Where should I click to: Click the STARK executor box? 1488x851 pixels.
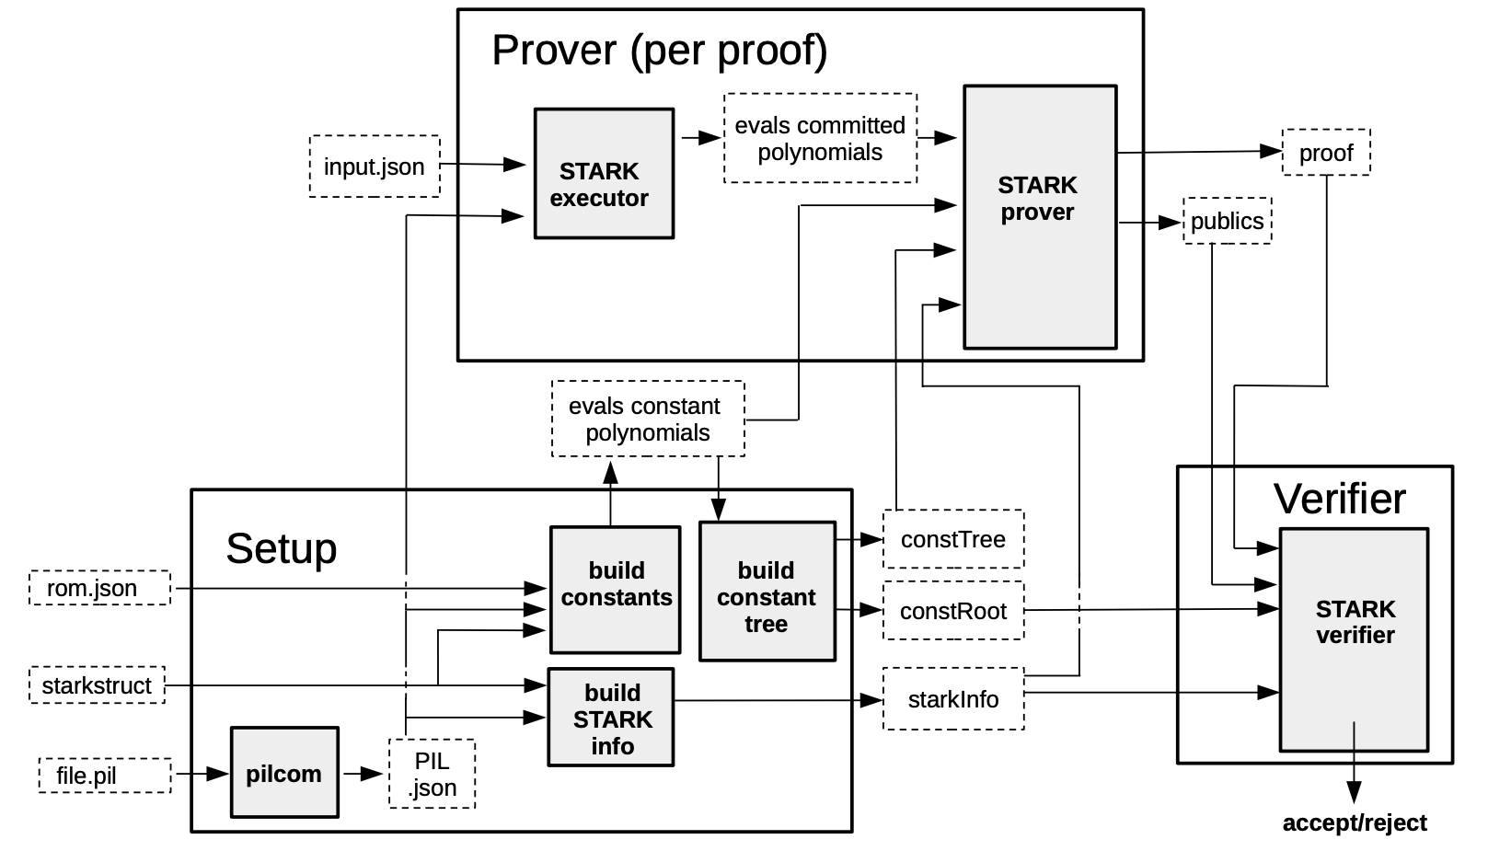(x=604, y=173)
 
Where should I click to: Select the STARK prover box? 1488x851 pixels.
(x=1040, y=217)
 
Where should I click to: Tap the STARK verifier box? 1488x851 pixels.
(x=1354, y=639)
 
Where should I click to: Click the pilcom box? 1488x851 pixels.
(x=284, y=773)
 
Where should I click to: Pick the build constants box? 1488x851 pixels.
(x=615, y=590)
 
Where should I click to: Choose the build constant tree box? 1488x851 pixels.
(x=767, y=592)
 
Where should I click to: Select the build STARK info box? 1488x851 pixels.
(x=611, y=717)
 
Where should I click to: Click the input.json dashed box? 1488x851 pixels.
(x=375, y=167)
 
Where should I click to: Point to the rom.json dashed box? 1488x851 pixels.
(x=99, y=588)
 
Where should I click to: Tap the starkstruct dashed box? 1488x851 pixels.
(x=98, y=685)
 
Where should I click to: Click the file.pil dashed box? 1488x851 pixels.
(x=105, y=776)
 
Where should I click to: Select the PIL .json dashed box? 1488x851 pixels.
(x=433, y=774)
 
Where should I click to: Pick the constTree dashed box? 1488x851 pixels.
(x=953, y=539)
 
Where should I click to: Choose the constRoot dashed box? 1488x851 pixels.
(x=953, y=611)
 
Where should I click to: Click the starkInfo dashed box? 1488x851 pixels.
(x=953, y=699)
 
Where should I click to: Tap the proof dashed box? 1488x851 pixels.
(x=1326, y=153)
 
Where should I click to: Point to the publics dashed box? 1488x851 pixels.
(x=1228, y=221)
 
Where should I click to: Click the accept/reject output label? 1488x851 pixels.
(x=1355, y=822)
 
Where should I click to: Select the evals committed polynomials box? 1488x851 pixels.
(x=820, y=138)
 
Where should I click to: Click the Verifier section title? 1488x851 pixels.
(x=1340, y=499)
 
